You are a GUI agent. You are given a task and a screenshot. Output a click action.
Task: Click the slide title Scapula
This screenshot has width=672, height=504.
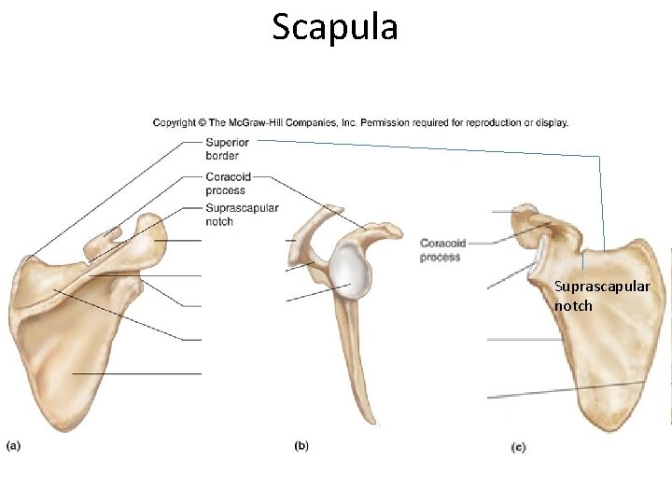point(335,27)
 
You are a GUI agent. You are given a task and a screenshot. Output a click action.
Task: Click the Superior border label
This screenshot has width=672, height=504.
point(227,148)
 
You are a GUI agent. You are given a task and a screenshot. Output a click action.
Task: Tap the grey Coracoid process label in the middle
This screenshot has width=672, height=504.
point(441,250)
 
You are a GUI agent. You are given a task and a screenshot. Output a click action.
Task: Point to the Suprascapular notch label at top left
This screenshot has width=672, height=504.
point(241,215)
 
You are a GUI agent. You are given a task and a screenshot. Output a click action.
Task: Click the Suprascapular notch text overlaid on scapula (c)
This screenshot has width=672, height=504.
point(601,295)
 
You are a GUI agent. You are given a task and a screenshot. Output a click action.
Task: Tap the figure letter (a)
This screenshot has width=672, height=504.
point(13,445)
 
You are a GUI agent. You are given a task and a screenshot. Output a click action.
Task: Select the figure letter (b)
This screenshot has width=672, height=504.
point(301,446)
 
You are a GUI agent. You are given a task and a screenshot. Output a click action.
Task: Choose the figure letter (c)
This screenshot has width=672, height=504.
point(518,448)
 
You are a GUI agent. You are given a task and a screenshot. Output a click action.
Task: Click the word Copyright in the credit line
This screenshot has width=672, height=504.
point(175,122)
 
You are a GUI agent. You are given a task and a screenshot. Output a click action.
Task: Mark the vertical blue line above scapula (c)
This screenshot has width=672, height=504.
point(602,201)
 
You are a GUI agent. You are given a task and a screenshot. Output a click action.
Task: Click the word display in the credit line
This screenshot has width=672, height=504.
point(550,122)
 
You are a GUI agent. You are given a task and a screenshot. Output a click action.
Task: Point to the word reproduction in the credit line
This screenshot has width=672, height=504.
point(488,122)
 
